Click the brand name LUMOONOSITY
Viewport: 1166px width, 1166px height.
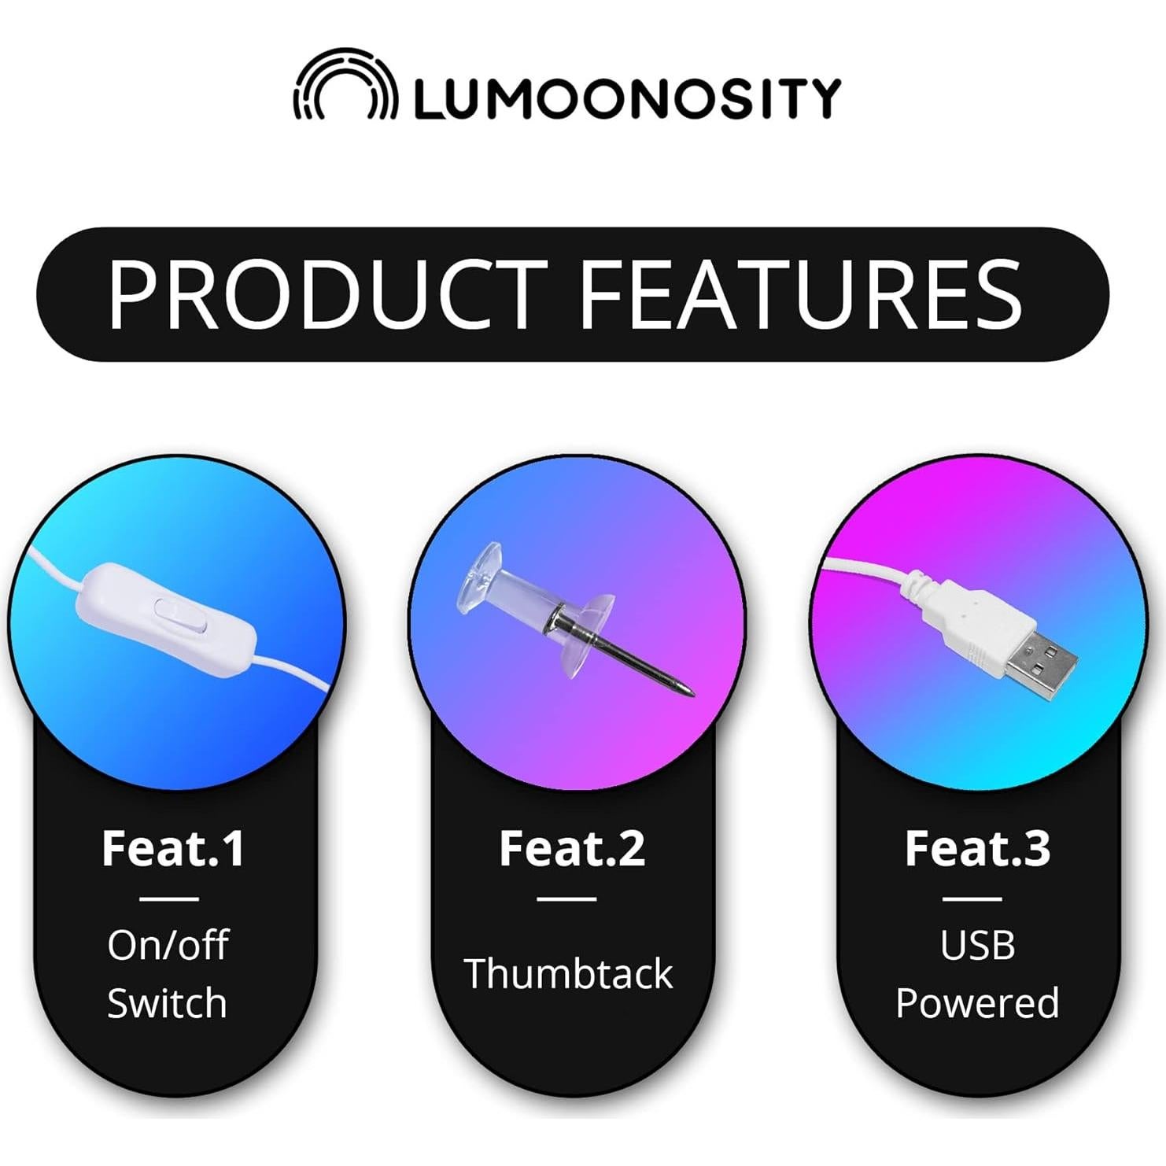click(627, 98)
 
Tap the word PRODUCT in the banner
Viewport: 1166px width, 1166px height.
click(327, 294)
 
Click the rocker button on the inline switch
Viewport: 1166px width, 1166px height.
click(180, 615)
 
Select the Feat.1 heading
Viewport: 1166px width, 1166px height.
click(173, 848)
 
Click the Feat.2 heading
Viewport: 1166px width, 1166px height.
click(572, 848)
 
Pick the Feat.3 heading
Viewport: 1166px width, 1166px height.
click(977, 848)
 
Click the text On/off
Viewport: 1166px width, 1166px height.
click(168, 945)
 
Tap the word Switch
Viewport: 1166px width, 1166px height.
click(167, 1003)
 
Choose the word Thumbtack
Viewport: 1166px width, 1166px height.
click(568, 974)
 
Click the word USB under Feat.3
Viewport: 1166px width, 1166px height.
click(977, 945)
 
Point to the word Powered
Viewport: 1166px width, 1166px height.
click(977, 1003)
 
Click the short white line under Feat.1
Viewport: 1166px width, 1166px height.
click(169, 898)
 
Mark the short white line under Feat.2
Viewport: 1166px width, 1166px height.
click(567, 898)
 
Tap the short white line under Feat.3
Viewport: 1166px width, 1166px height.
click(972, 898)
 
